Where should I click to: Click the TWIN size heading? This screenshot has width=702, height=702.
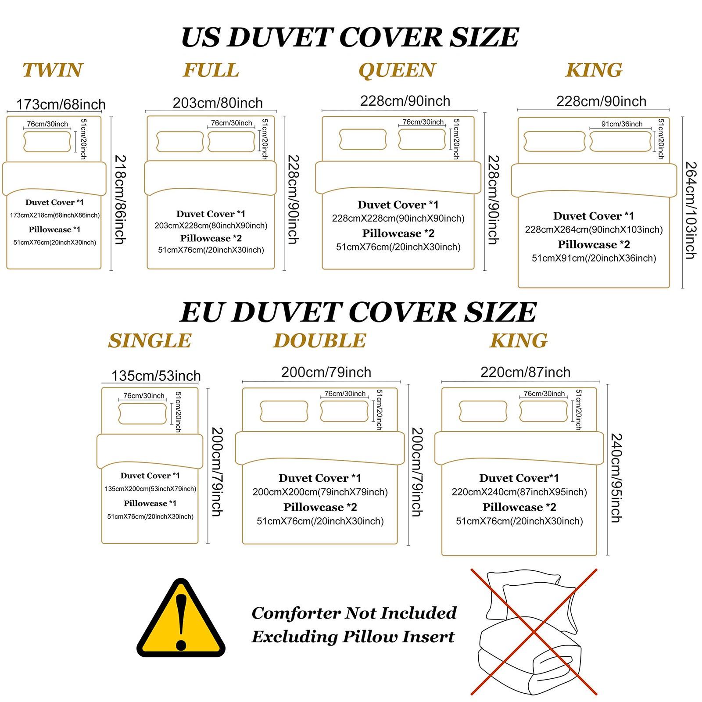coord(53,70)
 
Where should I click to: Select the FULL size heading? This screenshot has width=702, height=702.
coord(211,70)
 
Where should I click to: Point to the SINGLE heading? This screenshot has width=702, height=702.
coord(150,341)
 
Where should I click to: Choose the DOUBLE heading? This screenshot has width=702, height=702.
coord(320,341)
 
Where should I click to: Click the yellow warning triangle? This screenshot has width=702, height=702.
coord(181,618)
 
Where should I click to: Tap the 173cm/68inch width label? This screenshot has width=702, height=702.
coord(61,104)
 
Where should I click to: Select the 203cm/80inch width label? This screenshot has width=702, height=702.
coord(218,103)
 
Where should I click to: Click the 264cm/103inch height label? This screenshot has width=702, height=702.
coord(691,211)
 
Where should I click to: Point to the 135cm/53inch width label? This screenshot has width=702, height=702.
coord(156,376)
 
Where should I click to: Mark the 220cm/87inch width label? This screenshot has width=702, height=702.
coord(526,372)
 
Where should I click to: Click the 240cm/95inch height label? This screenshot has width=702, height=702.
coord(616,478)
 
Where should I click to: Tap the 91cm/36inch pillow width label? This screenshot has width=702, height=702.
coord(622,124)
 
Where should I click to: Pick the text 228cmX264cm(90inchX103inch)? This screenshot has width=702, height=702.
coord(594,229)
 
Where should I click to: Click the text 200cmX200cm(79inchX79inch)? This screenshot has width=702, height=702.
coord(320,492)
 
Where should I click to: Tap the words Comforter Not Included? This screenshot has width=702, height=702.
coord(354,613)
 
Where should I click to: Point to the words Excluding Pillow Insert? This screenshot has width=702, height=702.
coord(353,637)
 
